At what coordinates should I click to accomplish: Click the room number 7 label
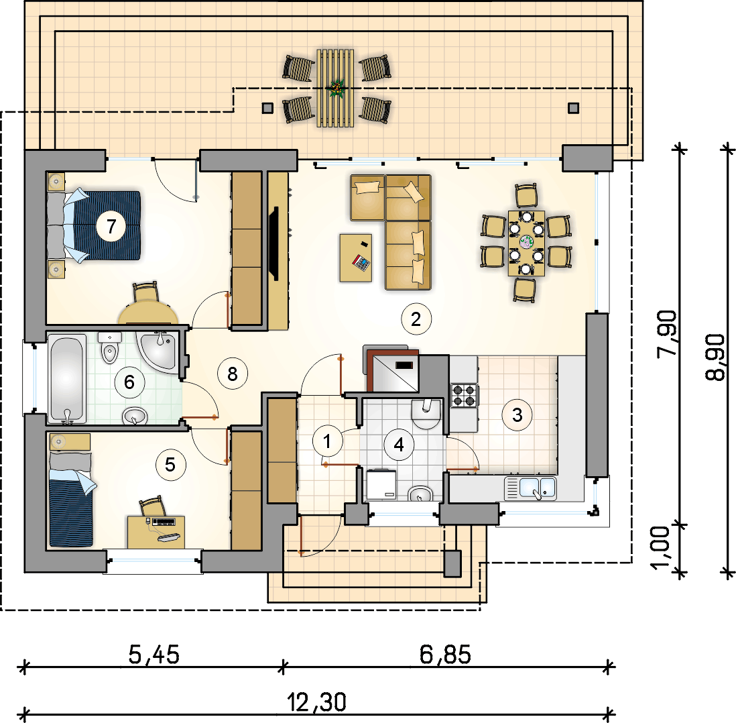tap(111, 226)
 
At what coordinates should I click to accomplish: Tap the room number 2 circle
tap(416, 319)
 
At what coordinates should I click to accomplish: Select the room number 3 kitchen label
tap(517, 415)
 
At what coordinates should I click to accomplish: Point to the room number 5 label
tap(170, 465)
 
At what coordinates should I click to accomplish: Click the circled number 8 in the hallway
tap(233, 374)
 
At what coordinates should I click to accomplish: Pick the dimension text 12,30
tap(316, 702)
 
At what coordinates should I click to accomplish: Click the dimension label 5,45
tap(154, 655)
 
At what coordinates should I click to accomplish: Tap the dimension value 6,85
tap(445, 655)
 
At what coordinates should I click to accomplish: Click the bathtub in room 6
tap(66, 378)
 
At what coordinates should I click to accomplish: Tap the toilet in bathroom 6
tap(110, 348)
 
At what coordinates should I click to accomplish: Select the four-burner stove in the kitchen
tap(465, 395)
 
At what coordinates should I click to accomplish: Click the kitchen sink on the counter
tap(530, 488)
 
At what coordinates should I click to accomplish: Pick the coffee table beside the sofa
tap(356, 258)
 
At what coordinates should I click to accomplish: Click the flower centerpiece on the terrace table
tap(336, 88)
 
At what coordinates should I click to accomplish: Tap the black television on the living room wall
tap(273, 243)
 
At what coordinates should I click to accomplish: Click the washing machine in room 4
tap(381, 484)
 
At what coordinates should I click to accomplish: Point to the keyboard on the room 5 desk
tap(164, 522)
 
